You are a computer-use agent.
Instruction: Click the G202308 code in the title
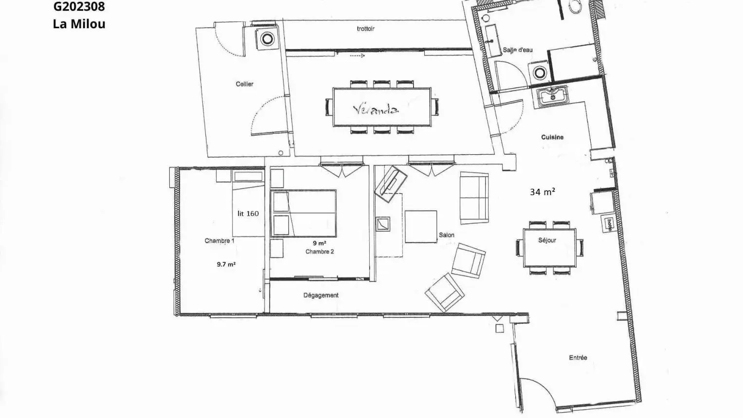79,7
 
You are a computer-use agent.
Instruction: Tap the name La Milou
79,24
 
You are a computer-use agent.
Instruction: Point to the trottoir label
366,29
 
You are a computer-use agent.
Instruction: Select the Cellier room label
244,84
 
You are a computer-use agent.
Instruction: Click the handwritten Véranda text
376,109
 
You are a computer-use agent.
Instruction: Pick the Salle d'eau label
518,50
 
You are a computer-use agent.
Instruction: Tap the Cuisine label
552,137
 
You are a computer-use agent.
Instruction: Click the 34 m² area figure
543,192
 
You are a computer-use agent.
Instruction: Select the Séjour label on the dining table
547,240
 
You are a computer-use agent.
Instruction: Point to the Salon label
447,235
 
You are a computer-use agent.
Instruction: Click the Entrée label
578,358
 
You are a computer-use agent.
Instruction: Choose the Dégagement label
321,295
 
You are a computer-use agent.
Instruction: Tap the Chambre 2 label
320,252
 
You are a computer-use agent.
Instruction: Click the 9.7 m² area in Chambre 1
226,264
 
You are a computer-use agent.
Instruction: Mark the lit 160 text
248,214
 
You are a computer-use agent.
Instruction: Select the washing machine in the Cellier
267,39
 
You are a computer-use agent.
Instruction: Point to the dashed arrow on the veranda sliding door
357,56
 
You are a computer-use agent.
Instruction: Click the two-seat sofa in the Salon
474,198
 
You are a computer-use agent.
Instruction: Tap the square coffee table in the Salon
420,227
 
